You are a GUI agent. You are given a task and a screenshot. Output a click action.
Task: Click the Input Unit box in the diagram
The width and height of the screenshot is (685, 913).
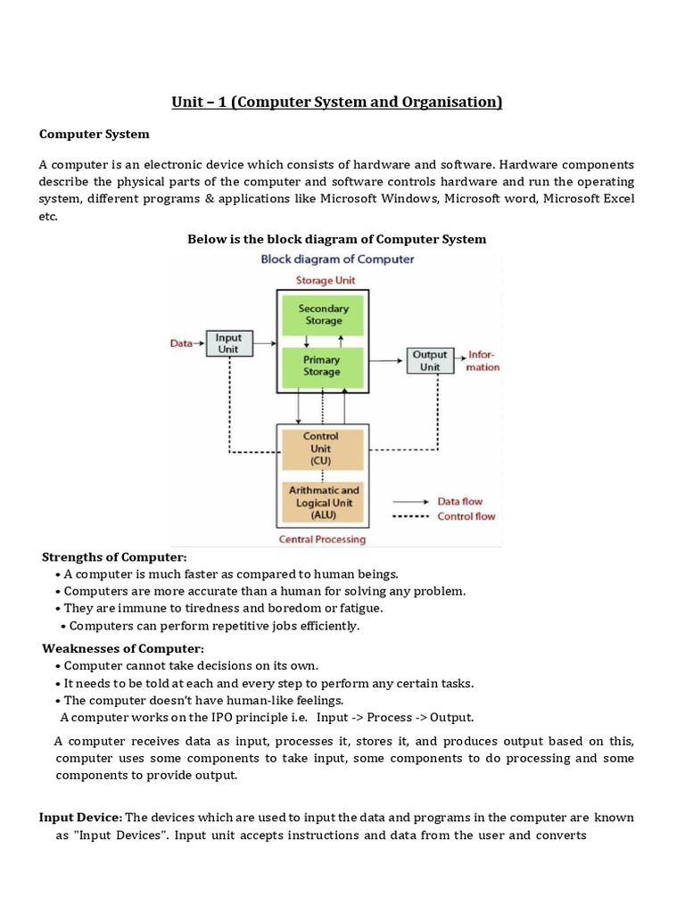229,344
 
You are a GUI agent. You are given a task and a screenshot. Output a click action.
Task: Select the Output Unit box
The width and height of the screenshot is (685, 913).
430,360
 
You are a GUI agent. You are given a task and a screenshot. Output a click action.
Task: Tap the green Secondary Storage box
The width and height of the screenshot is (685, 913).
323,315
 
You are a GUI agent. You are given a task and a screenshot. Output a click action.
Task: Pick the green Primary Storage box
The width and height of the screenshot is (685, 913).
321,366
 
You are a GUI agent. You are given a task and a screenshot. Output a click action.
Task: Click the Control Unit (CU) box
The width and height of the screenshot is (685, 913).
321,448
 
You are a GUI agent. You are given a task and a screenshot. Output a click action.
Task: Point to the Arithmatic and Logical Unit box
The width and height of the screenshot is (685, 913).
323,502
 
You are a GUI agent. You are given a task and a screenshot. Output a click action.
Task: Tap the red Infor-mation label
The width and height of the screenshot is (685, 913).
483,360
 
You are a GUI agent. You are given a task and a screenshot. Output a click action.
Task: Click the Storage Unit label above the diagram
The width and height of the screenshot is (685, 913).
324,280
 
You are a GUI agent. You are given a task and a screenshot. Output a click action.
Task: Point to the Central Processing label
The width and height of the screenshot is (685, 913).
322,539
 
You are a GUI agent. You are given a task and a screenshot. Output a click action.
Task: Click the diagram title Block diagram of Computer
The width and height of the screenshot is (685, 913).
336,259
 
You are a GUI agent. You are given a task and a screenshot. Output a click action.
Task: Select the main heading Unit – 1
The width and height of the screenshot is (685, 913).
337,103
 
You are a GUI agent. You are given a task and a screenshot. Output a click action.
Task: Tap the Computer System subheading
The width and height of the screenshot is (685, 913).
95,134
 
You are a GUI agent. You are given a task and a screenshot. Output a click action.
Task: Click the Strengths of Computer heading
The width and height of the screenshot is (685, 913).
114,557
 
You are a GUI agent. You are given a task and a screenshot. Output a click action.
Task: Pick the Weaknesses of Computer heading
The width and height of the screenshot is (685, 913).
124,648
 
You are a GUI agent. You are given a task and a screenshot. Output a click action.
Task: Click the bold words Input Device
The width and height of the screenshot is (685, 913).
80,817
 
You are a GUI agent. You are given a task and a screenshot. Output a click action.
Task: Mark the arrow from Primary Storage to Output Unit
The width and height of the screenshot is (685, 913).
385,360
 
